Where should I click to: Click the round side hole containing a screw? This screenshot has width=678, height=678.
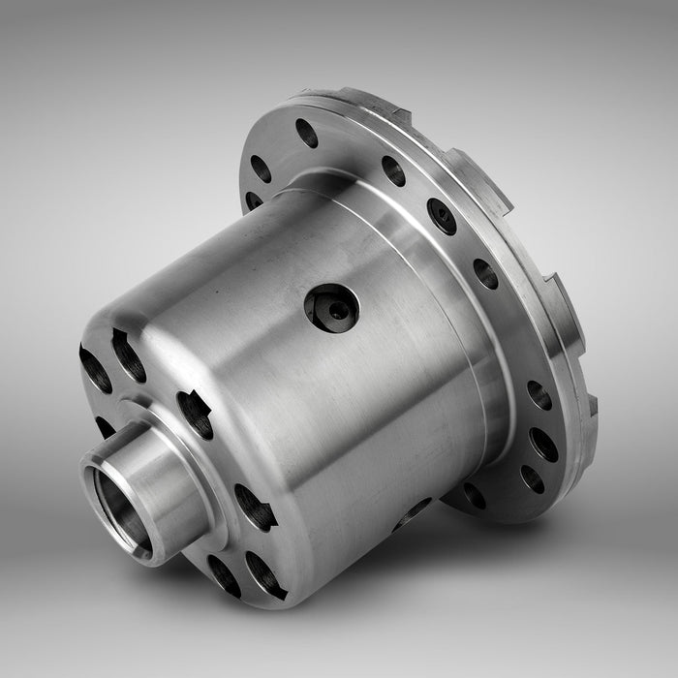click(332, 308)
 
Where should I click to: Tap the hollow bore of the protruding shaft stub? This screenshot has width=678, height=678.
click(117, 504)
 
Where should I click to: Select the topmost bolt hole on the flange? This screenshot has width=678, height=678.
click(307, 133)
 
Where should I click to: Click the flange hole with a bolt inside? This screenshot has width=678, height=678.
click(442, 215)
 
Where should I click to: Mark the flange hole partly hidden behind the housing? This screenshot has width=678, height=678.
click(254, 200)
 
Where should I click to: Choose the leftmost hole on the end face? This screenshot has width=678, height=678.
click(95, 369)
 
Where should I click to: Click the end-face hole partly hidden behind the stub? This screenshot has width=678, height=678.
click(105, 426)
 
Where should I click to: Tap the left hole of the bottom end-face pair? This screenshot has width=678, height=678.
click(224, 575)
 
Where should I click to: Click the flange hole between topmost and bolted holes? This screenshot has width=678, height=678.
click(393, 170)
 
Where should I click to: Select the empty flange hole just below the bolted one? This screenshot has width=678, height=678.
click(485, 273)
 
